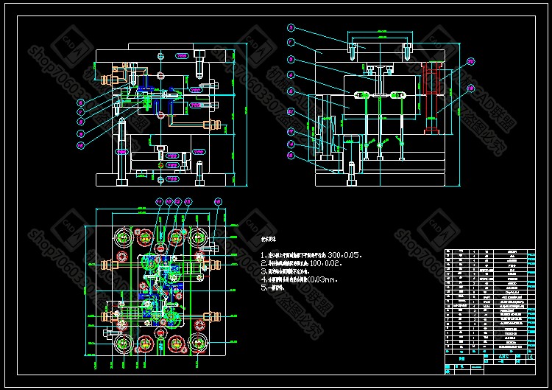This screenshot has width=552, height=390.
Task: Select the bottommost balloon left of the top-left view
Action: coord(82,144)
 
